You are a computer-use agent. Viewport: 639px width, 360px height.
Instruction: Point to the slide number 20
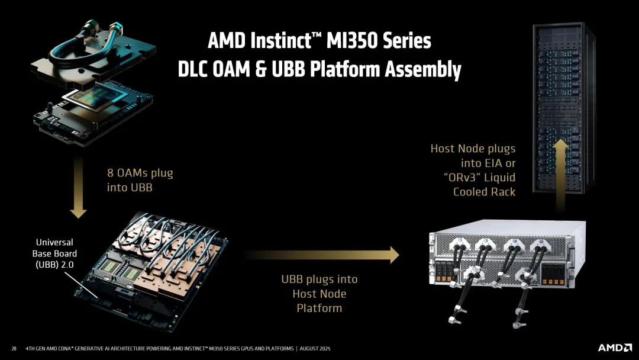(x=14, y=348)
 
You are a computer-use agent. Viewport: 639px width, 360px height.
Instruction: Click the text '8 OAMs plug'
(x=140, y=173)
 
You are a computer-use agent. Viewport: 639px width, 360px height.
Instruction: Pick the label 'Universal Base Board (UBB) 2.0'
(x=54, y=253)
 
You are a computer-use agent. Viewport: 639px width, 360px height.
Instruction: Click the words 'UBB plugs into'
(x=319, y=279)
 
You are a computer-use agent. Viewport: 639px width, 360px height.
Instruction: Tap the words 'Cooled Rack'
(x=484, y=192)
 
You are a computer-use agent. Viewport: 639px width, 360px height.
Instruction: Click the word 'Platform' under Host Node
(x=319, y=308)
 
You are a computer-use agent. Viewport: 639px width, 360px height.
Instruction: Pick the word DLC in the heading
(x=197, y=69)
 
